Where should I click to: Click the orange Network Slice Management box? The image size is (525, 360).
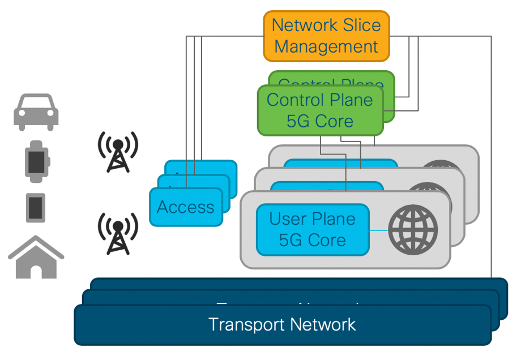[x=326, y=36]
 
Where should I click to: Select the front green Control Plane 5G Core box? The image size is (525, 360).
[x=320, y=110]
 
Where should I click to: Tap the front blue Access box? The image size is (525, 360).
[x=186, y=207]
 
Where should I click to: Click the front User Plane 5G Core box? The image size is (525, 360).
[x=312, y=230]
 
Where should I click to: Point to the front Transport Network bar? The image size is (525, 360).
[x=282, y=325]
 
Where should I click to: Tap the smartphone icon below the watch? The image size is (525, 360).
[x=36, y=207]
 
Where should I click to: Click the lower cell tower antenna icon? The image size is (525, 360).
[x=118, y=233]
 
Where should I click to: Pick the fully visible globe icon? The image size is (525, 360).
[x=413, y=230]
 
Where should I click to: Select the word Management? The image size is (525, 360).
[x=326, y=46]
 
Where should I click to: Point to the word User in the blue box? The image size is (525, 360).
[x=288, y=219]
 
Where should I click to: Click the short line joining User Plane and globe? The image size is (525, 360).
[x=378, y=230]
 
